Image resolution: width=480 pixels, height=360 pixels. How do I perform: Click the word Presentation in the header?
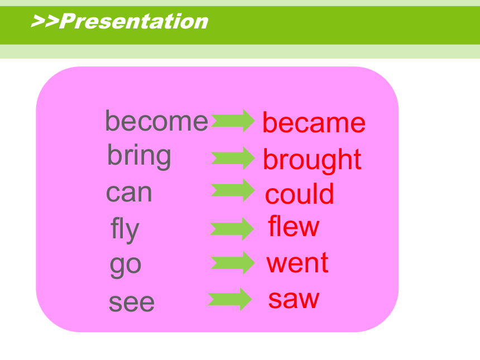pyautogui.click(x=134, y=21)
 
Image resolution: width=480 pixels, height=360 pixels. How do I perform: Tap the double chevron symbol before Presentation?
pyautogui.click(x=45, y=21)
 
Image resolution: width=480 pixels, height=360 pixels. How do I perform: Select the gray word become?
pyautogui.click(x=156, y=121)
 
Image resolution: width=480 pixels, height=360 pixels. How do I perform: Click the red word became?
pyautogui.click(x=314, y=123)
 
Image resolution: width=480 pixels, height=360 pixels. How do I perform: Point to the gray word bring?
pyautogui.click(x=140, y=156)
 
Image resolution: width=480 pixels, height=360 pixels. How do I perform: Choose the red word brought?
pyautogui.click(x=312, y=160)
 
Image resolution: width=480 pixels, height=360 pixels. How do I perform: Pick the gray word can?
pyautogui.click(x=129, y=193)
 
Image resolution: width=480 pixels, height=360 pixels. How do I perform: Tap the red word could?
pyautogui.click(x=299, y=194)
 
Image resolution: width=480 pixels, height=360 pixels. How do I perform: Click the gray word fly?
pyautogui.click(x=125, y=229)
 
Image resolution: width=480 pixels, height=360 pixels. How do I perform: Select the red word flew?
pyautogui.click(x=294, y=226)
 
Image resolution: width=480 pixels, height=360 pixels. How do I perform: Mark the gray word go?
pyautogui.click(x=126, y=266)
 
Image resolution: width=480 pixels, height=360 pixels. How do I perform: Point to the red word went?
pyautogui.click(x=297, y=263)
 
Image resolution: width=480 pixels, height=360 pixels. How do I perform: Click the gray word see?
pyautogui.click(x=132, y=303)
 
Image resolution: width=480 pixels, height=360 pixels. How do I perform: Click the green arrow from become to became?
pyautogui.click(x=233, y=121)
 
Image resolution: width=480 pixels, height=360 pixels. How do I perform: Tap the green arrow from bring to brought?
pyautogui.click(x=233, y=158)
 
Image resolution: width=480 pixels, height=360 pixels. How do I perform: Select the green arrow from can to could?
pyautogui.click(x=233, y=190)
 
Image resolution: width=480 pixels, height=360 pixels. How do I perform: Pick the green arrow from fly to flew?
pyautogui.click(x=232, y=229)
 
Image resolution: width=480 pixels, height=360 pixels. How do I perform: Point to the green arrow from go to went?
pyautogui.click(x=233, y=263)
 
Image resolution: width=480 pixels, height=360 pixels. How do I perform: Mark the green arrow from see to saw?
pyautogui.click(x=230, y=299)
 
